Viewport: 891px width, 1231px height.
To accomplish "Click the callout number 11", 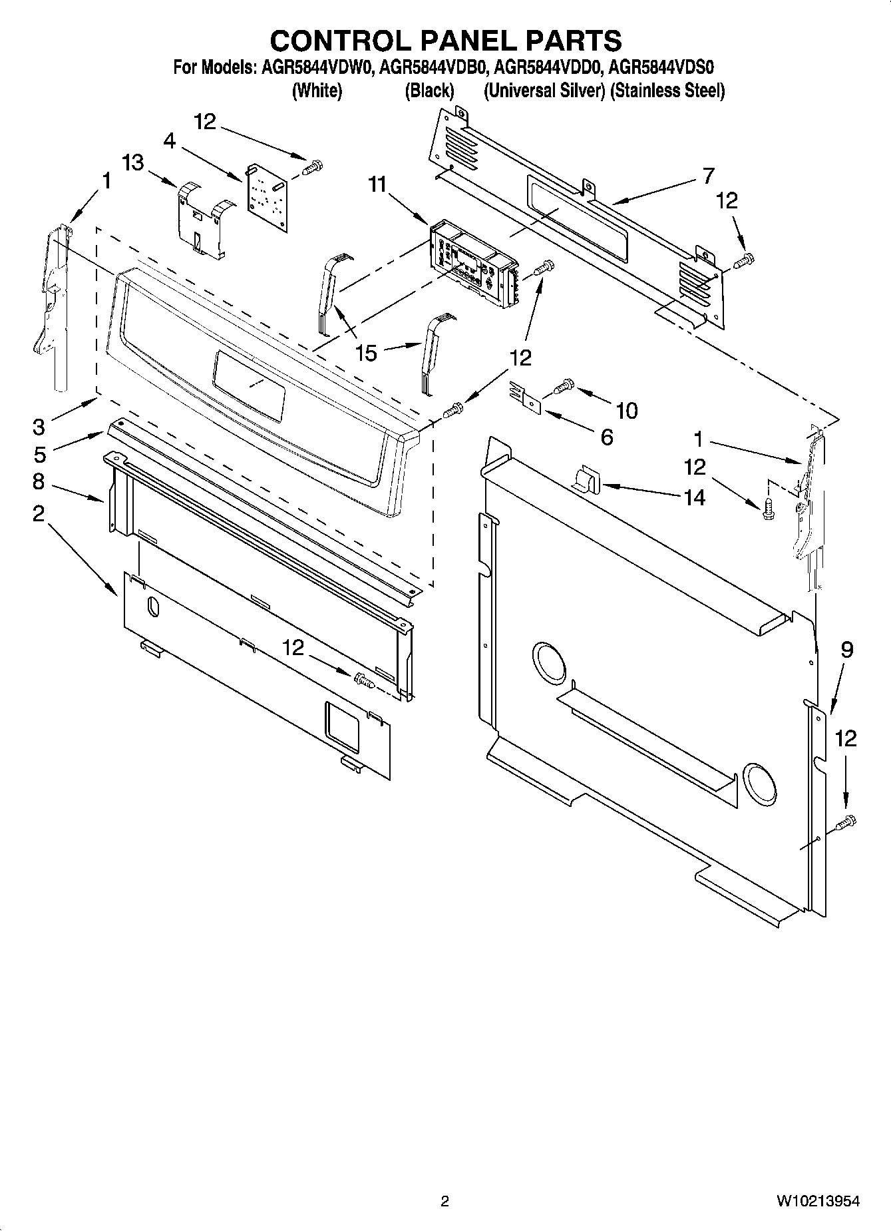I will point(378,184).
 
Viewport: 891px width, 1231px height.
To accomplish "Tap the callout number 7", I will point(708,175).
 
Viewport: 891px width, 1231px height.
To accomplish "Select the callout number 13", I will point(132,162).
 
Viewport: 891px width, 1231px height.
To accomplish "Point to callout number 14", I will point(694,497).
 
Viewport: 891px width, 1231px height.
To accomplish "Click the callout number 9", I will point(846,649).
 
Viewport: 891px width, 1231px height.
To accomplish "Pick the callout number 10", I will point(626,410).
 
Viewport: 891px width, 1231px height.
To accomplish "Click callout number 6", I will point(606,437).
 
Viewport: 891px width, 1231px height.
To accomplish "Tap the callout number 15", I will point(366,352).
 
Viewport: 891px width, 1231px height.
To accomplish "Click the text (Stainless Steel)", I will point(667,91).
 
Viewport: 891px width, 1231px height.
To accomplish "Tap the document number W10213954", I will point(817,1201).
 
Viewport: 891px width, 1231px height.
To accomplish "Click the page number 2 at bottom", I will point(445,1201).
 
